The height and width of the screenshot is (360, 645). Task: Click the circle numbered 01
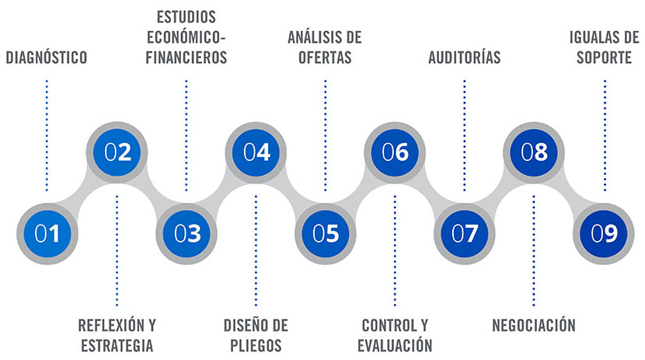[x=47, y=234]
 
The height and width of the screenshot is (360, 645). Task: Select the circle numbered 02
[x=117, y=152]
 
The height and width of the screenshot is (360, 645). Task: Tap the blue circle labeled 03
[x=187, y=234]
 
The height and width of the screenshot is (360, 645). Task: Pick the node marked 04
[x=256, y=152]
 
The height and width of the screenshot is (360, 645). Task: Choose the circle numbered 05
[x=326, y=234]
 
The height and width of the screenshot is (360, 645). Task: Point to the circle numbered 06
[x=395, y=152]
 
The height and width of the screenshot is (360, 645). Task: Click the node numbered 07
[x=465, y=234]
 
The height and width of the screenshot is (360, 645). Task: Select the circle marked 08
[x=534, y=152]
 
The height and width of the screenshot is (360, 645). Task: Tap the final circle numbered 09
[x=604, y=234]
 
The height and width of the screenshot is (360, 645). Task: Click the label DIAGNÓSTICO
[x=47, y=58]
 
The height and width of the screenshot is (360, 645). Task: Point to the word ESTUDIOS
[x=187, y=17]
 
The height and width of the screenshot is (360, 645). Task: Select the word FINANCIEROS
[x=187, y=58]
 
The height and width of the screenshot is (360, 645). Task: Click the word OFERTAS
[x=325, y=58]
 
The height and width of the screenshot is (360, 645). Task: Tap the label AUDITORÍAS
[x=465, y=57]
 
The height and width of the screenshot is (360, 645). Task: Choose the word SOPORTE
[x=604, y=58]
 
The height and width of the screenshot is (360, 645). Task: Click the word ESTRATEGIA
[x=117, y=345]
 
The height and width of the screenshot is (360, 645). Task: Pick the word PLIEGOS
[x=256, y=345]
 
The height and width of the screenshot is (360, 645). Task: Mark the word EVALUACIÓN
[x=395, y=344]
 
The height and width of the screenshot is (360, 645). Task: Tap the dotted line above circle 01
[x=47, y=135]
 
